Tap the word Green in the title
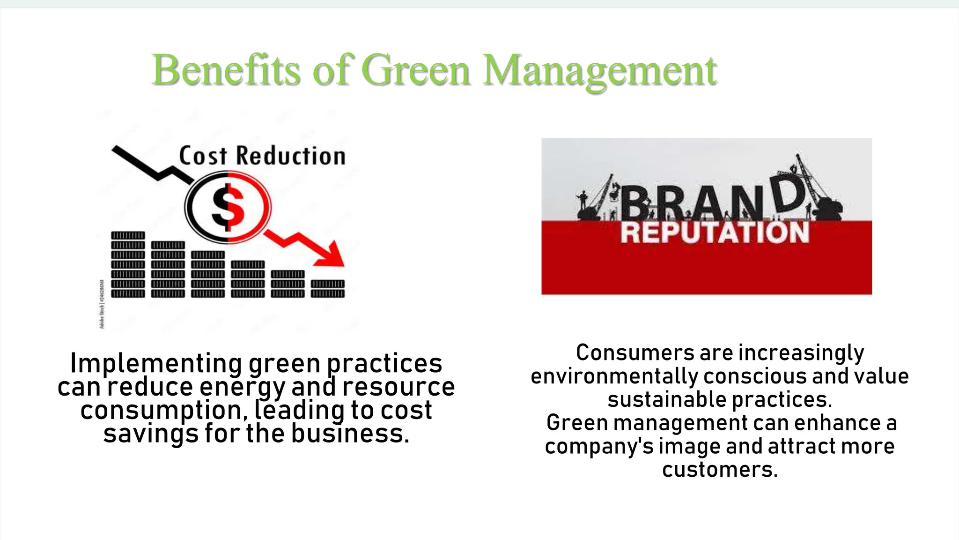(416, 70)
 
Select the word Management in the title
(599, 71)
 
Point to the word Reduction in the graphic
(291, 156)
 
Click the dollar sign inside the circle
(228, 207)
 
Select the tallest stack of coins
(128, 264)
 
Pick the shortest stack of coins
(328, 288)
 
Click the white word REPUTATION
(715, 232)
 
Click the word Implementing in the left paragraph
(156, 363)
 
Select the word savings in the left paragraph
(151, 434)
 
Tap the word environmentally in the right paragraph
(614, 376)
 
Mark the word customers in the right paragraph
(720, 470)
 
